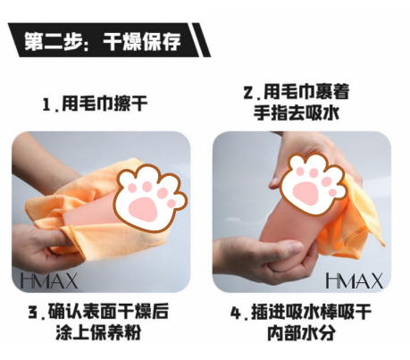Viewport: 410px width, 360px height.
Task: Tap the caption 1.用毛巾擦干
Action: pyautogui.click(x=95, y=104)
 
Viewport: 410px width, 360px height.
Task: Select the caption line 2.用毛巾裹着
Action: pyautogui.click(x=297, y=92)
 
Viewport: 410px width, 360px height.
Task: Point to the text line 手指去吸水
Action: pyautogui.click(x=297, y=113)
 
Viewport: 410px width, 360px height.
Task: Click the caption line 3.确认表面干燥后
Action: pyautogui.click(x=98, y=311)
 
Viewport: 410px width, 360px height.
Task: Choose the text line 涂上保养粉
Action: pyautogui.click(x=98, y=332)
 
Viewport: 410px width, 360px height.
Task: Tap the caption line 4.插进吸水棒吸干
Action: pyautogui.click(x=301, y=312)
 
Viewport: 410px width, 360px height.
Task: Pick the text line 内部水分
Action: pyautogui.click(x=301, y=332)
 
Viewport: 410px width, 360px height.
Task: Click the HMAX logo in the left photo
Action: pyautogui.click(x=49, y=280)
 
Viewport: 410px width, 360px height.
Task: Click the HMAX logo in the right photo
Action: pyautogui.click(x=354, y=280)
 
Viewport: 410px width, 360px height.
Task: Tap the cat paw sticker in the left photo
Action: pyautogui.click(x=151, y=197)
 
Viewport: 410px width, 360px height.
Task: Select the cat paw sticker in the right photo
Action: pyautogui.click(x=313, y=184)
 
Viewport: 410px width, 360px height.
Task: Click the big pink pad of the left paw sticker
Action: pyautogui.click(x=143, y=209)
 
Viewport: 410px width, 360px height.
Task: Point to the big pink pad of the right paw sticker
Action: pyautogui.click(x=305, y=192)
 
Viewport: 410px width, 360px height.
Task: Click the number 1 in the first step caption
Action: pyautogui.click(x=46, y=105)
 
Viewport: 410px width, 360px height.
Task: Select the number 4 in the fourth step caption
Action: pyautogui.click(x=236, y=313)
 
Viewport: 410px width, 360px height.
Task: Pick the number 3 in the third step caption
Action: pyautogui.click(x=32, y=313)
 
